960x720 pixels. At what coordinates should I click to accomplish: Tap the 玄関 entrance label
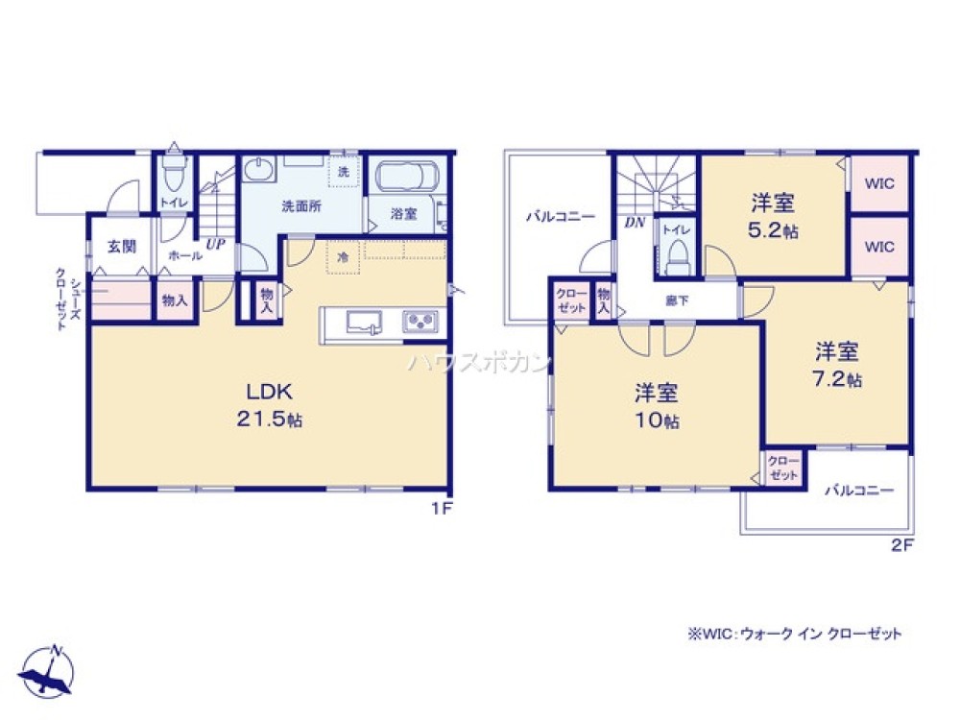(121, 247)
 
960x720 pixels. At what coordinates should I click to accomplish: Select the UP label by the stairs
(215, 246)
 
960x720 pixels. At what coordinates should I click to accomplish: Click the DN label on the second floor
(635, 223)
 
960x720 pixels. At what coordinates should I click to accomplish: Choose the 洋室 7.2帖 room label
(838, 363)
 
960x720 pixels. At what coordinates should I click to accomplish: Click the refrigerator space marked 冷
(343, 257)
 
